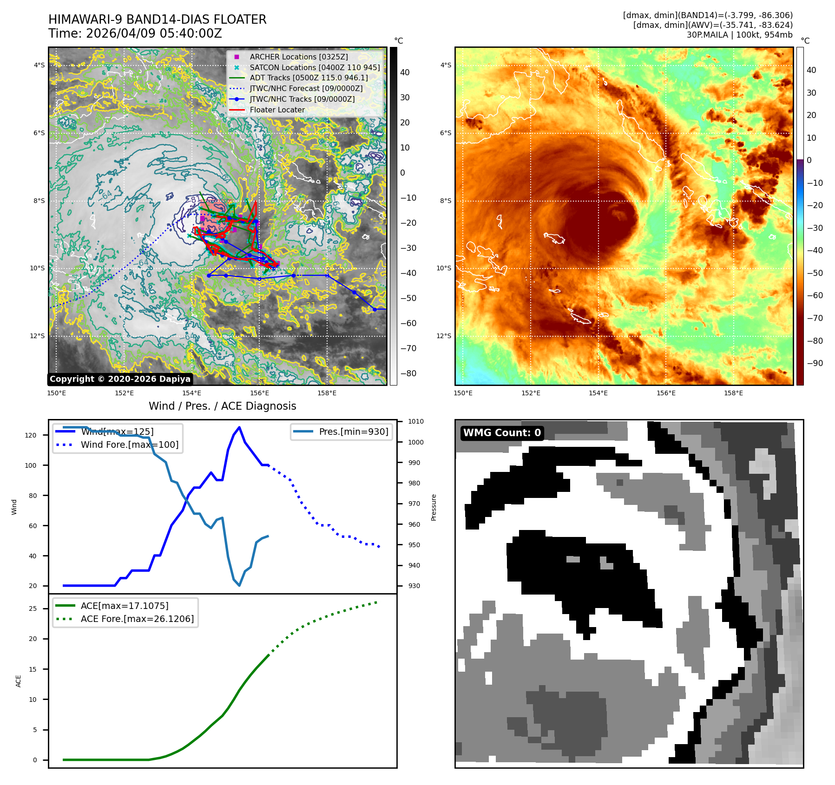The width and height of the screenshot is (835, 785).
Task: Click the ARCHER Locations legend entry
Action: (298, 57)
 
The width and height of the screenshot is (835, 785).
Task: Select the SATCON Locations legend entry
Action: (314, 67)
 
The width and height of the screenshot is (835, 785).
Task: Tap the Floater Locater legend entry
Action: (277, 110)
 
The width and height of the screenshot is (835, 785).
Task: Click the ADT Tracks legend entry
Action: (309, 78)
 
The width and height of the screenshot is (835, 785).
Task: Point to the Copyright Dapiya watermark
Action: (120, 379)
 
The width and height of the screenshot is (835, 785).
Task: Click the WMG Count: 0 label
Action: (502, 433)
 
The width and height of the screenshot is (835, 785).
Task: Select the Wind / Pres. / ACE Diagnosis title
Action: (222, 406)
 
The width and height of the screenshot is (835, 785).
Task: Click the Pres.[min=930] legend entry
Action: (353, 432)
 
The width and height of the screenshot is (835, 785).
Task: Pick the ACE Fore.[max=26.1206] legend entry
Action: (137, 619)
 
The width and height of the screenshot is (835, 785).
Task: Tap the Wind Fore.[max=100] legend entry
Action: (129, 445)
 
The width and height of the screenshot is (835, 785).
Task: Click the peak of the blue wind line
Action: (239, 427)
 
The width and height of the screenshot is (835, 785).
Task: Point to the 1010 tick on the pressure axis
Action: (416, 421)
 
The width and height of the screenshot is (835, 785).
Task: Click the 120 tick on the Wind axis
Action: (31, 435)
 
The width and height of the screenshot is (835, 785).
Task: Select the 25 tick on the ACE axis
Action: (33, 608)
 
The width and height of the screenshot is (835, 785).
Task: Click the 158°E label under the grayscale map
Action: (327, 393)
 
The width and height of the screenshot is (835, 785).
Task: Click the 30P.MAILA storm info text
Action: (739, 35)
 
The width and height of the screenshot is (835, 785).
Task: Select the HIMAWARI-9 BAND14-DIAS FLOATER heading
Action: (157, 20)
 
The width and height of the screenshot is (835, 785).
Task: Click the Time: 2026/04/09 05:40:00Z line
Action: (135, 33)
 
